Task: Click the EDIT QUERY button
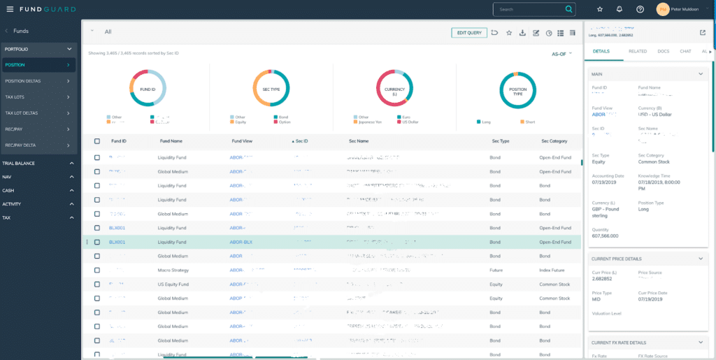click(x=469, y=32)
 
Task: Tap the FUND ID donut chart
click(x=148, y=89)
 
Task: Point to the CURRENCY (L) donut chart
click(x=394, y=89)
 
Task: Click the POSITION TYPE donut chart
click(x=518, y=89)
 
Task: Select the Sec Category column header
click(x=554, y=141)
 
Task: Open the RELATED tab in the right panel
click(x=637, y=51)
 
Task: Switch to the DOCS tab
click(x=663, y=51)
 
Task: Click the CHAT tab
click(x=685, y=51)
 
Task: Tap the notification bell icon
click(x=620, y=9)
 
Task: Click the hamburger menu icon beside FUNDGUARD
click(x=10, y=9)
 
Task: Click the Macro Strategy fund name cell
click(x=173, y=269)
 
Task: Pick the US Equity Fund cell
click(x=173, y=284)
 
